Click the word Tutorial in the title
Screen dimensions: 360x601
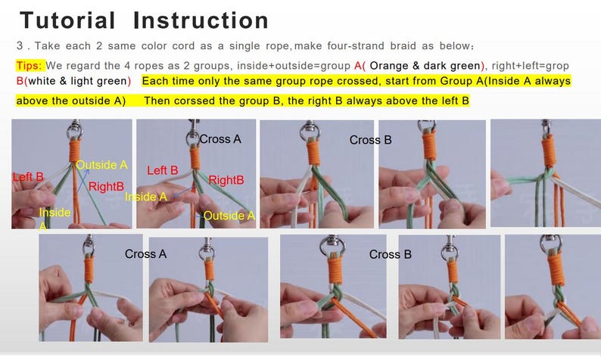67,20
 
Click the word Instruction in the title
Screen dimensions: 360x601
201,20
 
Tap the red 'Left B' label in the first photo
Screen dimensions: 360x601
28,177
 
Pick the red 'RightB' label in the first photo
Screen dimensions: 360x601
105,186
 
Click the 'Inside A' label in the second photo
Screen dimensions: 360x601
145,197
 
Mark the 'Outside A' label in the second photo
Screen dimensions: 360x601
229,216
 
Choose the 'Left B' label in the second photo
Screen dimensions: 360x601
163,171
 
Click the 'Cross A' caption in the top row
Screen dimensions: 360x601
220,139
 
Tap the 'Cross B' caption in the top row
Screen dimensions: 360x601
370,140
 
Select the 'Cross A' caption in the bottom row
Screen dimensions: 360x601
145,254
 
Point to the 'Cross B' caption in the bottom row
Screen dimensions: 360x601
390,254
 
